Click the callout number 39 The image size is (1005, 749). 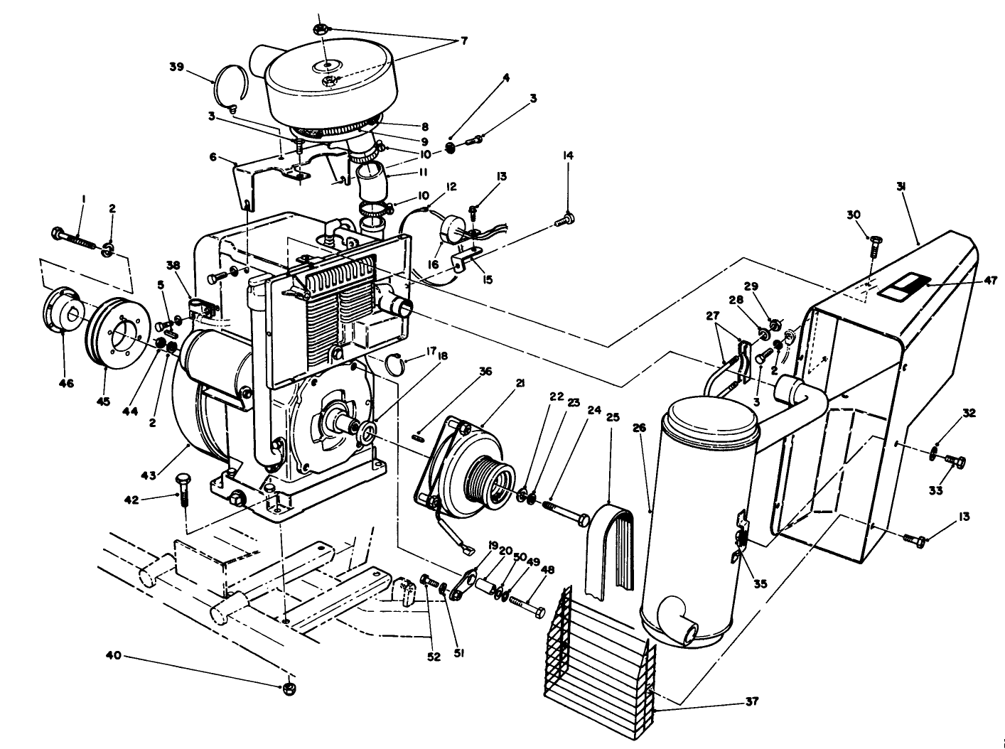[x=177, y=67]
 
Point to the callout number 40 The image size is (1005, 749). [x=114, y=654]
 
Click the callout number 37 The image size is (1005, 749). [x=751, y=701]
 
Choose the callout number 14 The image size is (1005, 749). [x=568, y=156]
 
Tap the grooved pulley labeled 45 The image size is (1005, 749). [x=116, y=334]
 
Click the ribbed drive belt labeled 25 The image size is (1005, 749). [x=610, y=547]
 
